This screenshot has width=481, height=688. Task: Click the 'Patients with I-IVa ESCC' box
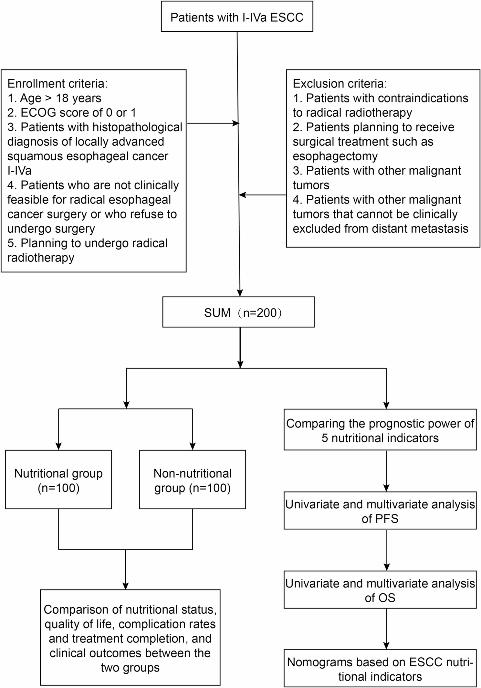pos(237,17)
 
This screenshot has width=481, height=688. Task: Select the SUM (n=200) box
pos(238,312)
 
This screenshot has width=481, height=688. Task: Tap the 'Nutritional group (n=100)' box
pos(58,480)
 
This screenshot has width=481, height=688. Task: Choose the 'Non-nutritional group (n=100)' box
pos(193,480)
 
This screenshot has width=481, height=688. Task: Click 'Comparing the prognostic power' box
pos(380,430)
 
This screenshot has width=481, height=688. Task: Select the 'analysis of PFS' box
pos(380,511)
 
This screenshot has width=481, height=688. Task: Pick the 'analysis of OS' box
pos(380,590)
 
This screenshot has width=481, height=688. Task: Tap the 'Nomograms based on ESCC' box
pos(380,669)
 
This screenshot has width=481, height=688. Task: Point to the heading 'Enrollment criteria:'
pos(58,84)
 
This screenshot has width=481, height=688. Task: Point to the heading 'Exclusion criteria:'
pos(340,84)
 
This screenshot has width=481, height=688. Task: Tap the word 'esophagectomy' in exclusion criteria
pos(335,156)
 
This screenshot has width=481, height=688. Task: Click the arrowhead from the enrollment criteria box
pos(236,123)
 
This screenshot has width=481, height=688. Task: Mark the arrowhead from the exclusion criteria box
pos(243,195)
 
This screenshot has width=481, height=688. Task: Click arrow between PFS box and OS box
pos(386,549)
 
